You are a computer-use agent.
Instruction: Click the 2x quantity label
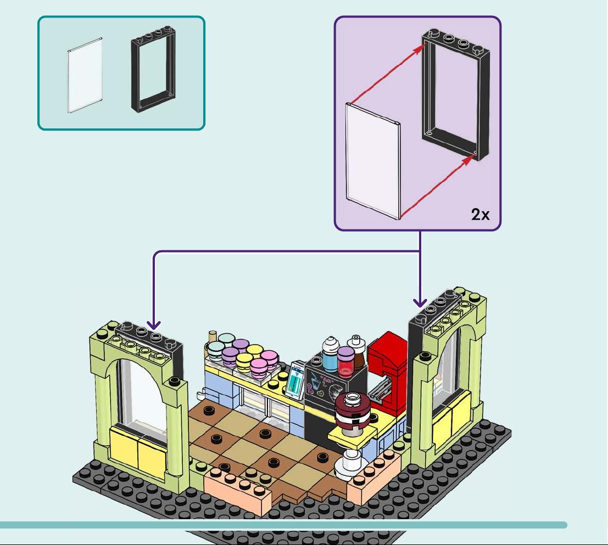point(480,214)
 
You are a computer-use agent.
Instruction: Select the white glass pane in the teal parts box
point(85,76)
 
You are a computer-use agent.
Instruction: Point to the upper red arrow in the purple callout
point(388,74)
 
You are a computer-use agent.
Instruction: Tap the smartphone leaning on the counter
point(295,380)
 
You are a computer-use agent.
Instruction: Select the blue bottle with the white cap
point(331,355)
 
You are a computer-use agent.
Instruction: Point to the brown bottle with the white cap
point(357,351)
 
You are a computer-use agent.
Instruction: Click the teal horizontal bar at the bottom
point(283,525)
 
